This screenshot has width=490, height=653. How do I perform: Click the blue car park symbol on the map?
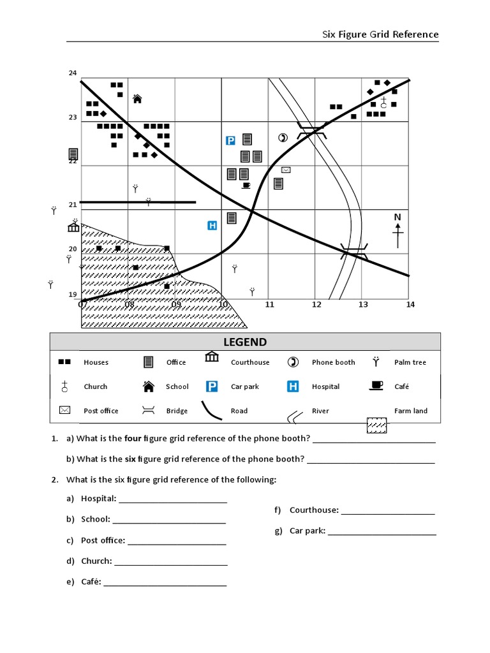[x=231, y=140]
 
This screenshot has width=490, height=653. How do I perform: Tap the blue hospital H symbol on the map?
[x=212, y=225]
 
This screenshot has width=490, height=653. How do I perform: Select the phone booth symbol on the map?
[x=283, y=138]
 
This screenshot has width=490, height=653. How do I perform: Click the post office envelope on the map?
[x=286, y=170]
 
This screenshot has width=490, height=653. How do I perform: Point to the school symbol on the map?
[x=137, y=99]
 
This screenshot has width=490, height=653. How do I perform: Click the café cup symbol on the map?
[x=246, y=186]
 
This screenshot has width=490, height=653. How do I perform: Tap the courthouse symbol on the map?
[x=74, y=227]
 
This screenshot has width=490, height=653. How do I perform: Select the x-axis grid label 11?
[x=269, y=305]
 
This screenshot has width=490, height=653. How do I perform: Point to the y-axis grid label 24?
[x=73, y=73]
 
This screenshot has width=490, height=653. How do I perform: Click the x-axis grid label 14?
[x=410, y=305]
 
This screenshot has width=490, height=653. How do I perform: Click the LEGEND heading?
[x=245, y=342]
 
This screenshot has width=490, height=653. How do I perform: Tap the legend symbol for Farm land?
[x=376, y=425]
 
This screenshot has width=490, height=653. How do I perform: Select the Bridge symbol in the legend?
[x=148, y=411]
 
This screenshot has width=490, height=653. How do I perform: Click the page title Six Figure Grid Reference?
[x=380, y=34]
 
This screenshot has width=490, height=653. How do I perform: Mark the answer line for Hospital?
[x=172, y=502]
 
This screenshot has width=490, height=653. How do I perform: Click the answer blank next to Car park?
[x=382, y=534]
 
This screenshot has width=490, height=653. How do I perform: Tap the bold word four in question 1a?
[x=133, y=439]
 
